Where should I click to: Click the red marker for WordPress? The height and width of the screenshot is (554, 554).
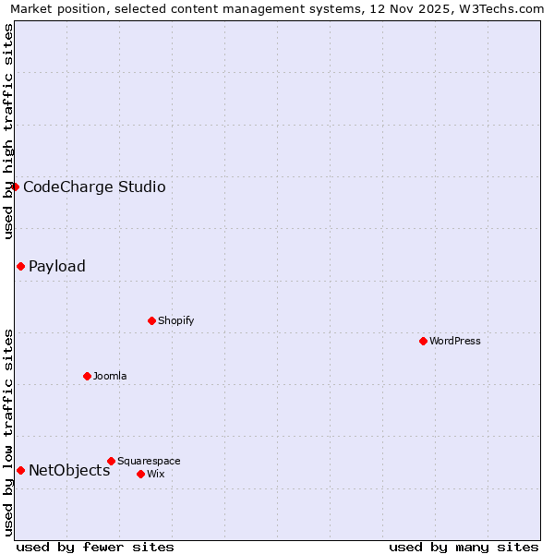coord(423,341)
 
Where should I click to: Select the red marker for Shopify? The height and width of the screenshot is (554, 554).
coord(151,320)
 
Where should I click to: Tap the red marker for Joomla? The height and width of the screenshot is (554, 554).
coord(87,376)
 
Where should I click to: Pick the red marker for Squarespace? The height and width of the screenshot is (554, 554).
coord(111,461)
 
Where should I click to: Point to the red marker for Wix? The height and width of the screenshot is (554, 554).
coord(140,474)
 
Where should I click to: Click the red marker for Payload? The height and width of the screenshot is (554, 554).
coord(20,266)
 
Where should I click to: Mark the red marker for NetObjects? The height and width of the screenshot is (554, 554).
coord(20,470)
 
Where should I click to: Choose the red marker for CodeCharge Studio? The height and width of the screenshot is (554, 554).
coord(15,187)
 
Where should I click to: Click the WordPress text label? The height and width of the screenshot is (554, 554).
coord(455,341)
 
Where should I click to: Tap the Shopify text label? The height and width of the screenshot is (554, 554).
coord(175,320)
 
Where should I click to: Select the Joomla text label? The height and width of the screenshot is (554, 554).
coord(110,376)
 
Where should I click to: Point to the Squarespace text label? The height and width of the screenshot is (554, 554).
coord(149,461)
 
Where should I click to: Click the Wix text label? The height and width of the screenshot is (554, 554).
coord(155,474)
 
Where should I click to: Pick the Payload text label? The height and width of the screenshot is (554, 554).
coord(57,266)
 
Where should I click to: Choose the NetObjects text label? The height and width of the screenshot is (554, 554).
coord(69,470)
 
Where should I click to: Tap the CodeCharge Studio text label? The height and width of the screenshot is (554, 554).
coord(94,187)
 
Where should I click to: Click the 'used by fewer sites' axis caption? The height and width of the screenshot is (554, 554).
coord(95,547)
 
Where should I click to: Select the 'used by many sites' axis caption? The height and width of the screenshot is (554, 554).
coord(464,547)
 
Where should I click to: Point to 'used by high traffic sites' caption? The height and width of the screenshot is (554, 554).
coord(8,131)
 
